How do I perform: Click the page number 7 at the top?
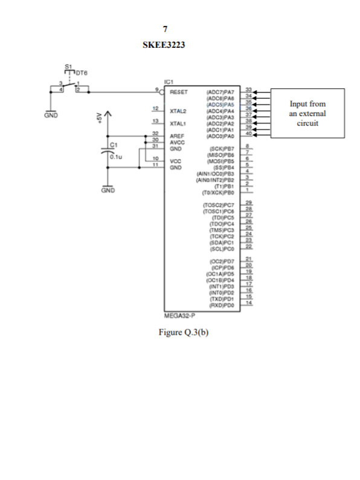[x=166, y=30]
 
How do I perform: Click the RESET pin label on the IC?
[x=179, y=93]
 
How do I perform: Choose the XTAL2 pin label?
[x=178, y=112]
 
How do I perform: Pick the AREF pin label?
[x=177, y=137]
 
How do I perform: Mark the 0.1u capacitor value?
[x=117, y=157]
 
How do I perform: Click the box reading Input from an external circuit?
[x=307, y=114]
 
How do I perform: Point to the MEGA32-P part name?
[x=179, y=315]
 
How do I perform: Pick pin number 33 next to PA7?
[x=248, y=90]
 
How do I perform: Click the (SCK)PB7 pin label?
[x=220, y=148]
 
